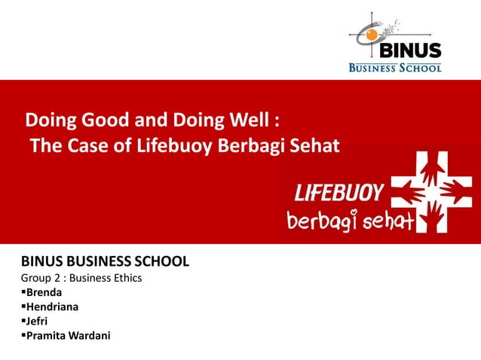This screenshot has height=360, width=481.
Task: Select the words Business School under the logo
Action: pos(394,67)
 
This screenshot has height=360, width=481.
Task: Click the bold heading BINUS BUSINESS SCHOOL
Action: pos(105,262)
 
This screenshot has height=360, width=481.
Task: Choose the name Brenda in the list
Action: pos(44,292)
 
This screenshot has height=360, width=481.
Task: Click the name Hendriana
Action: pos(54,307)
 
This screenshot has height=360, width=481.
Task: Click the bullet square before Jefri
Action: pos(23,321)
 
